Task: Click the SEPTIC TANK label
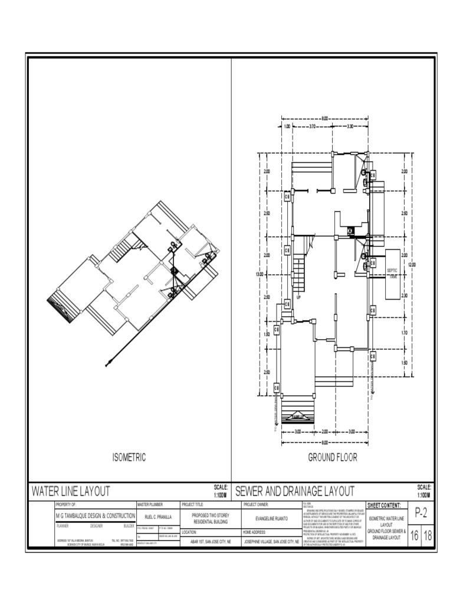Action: tap(392, 272)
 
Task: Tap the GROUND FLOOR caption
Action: tap(332, 457)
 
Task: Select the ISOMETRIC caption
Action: tap(129, 457)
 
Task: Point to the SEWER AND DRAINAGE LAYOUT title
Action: tap(294, 490)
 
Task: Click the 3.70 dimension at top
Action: tap(313, 126)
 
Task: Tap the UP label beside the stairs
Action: tap(298, 297)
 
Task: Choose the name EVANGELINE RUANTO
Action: tap(271, 518)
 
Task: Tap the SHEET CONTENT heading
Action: tap(384, 506)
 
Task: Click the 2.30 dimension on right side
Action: tap(404, 295)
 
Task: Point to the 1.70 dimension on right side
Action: tap(404, 333)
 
